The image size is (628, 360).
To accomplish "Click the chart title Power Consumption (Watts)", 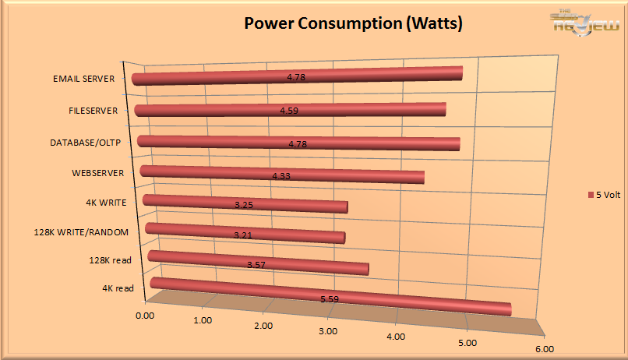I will click(354, 24).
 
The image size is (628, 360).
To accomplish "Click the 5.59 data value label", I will click(330, 298).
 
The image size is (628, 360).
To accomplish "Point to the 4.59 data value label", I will click(290, 111).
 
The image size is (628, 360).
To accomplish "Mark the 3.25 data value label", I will click(244, 206).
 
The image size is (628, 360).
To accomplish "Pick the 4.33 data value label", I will click(281, 176).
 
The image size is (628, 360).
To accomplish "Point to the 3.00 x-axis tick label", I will click(328, 331).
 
